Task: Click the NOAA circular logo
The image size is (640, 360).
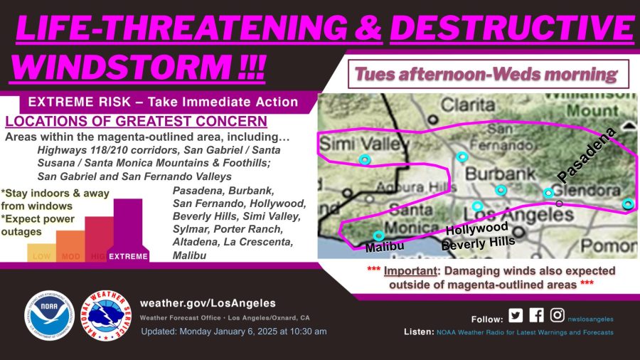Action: (49, 314)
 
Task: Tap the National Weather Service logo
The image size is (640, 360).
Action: (107, 314)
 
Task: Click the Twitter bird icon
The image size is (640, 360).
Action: (516, 316)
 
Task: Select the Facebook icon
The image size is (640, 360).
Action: (536, 316)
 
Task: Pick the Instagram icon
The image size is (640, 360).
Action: (558, 316)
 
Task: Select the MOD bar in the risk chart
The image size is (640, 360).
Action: (70, 246)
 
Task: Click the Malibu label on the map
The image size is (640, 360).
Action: (385, 247)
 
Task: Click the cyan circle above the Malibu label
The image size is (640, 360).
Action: (378, 235)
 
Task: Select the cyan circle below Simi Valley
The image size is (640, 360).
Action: (365, 160)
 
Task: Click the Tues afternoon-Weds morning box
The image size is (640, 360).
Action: (488, 73)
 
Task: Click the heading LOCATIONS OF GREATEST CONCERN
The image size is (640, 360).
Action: (136, 122)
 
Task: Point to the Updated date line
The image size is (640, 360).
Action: (234, 332)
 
